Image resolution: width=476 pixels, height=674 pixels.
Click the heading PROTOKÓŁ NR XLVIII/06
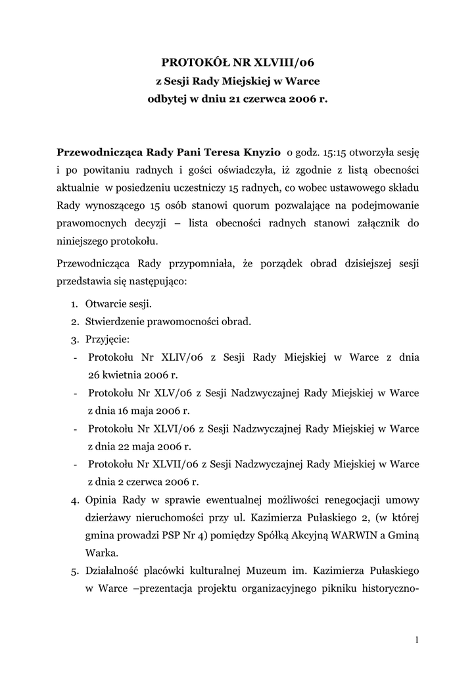(239, 63)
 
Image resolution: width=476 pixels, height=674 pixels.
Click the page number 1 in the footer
(417, 639)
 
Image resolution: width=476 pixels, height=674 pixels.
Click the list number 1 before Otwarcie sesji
(74, 305)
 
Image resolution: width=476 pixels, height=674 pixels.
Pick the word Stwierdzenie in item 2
(114, 322)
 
